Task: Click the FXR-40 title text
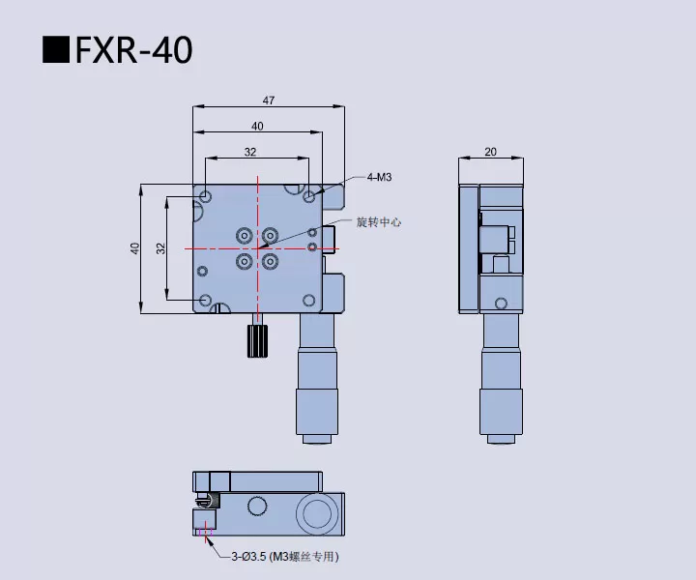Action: (x=133, y=50)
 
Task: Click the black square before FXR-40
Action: (x=56, y=50)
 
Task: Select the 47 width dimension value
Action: (x=269, y=99)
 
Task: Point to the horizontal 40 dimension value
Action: (x=257, y=126)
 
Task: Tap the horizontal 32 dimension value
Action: (x=250, y=152)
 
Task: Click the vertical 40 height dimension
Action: (x=135, y=248)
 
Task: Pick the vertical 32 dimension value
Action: (x=161, y=248)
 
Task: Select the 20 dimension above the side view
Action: (x=490, y=152)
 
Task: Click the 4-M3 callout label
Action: (x=379, y=177)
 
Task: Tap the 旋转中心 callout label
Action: (x=378, y=222)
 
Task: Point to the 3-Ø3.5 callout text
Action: (x=285, y=557)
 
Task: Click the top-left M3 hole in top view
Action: (x=206, y=197)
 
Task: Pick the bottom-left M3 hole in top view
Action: (x=206, y=301)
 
